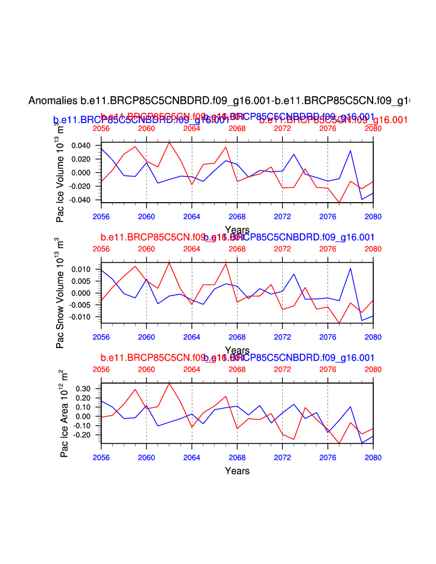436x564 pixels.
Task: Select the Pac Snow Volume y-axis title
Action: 61,293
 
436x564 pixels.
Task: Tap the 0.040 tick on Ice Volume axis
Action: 81,145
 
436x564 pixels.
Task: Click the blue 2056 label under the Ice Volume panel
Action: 101,216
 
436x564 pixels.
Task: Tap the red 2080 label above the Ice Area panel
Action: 373,369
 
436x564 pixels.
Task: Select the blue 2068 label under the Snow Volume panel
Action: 237,336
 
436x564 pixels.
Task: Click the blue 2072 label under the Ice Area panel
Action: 282,457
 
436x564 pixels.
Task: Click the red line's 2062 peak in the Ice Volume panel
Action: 169,142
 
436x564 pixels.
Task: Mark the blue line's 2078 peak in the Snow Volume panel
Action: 350,268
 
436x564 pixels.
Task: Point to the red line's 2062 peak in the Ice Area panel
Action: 169,383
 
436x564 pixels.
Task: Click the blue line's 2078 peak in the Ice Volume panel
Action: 350,151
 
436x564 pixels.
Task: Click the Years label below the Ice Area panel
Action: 237,471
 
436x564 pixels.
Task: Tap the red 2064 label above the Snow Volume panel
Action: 192,249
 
